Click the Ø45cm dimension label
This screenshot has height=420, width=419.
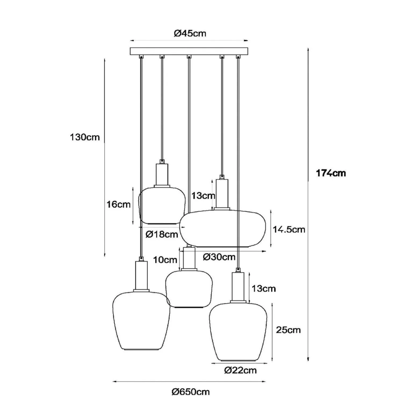pos(190,33)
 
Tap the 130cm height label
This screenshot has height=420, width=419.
pos(85,137)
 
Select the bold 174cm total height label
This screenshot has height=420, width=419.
pos(331,173)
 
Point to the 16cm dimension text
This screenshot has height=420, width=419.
pos(118,204)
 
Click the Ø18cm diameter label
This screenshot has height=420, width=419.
pos(162,234)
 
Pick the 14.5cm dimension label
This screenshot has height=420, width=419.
pos(289,230)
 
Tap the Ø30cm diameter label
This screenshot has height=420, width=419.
pos(219,257)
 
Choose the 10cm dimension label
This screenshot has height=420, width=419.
pos(165,260)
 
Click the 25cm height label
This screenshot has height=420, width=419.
pos(288,330)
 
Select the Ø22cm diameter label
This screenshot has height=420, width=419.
pos(240,370)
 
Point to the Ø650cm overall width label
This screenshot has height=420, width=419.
pos(190,392)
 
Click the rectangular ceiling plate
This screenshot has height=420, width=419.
pos(189,51)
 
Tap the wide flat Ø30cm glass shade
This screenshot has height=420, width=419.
pos(223,228)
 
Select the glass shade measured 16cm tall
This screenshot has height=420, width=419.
pos(162,205)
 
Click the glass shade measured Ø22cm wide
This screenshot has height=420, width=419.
pos(238,332)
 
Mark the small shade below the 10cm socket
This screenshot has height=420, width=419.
pos(189,289)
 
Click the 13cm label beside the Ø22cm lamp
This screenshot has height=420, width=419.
pos(263,288)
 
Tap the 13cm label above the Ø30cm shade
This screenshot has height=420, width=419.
pos(203,196)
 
